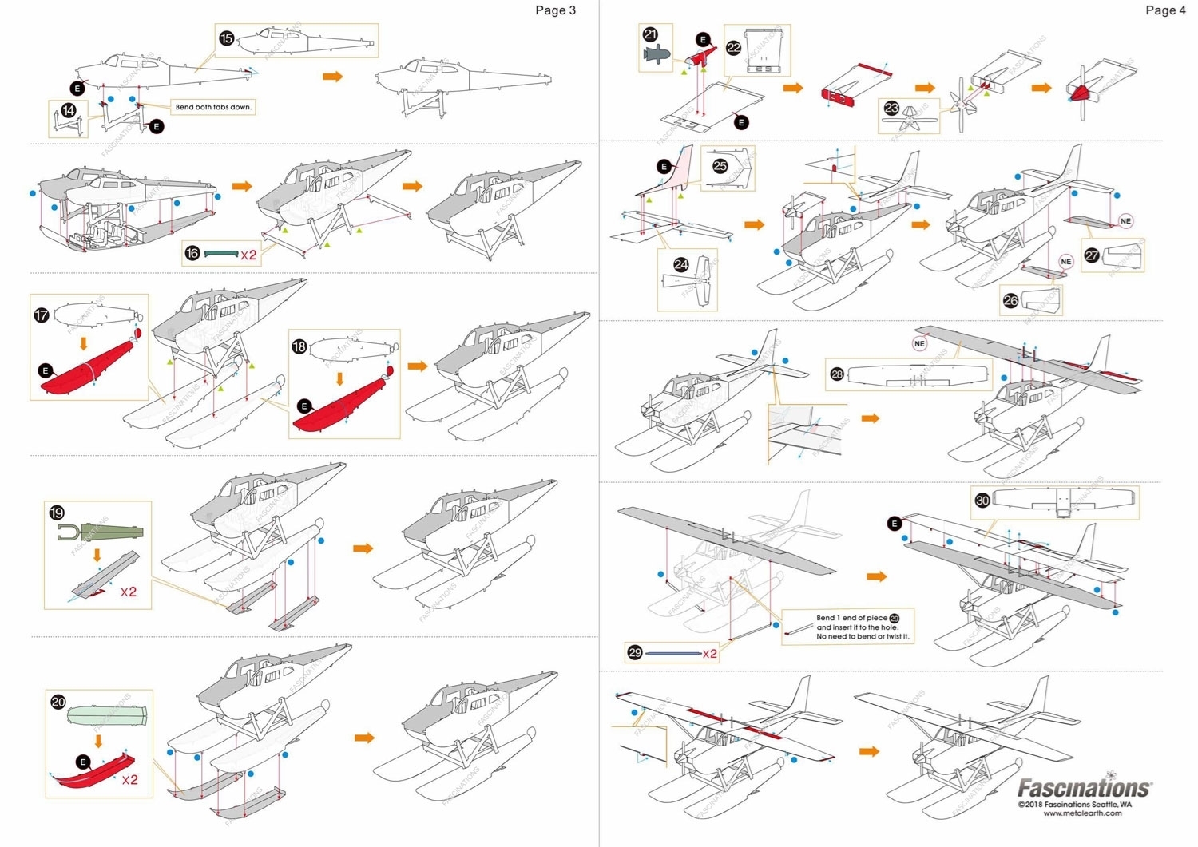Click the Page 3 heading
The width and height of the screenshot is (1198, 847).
(x=555, y=10)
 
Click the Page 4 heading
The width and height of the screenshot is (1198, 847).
(x=1165, y=10)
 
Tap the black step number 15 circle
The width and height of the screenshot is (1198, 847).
(x=227, y=38)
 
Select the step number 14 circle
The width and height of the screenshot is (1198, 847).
(x=69, y=110)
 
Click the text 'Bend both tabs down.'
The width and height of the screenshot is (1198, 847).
(x=213, y=107)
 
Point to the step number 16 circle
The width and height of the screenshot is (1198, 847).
(x=192, y=254)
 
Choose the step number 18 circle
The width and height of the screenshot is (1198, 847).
(x=299, y=346)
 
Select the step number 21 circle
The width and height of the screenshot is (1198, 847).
(x=650, y=34)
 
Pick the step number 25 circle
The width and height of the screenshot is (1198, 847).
(x=720, y=166)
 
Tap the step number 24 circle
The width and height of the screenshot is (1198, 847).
(x=680, y=264)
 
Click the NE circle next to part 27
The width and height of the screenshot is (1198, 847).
(x=1125, y=221)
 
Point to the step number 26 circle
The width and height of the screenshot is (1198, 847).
(x=1010, y=300)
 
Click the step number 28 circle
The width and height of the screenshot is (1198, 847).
(x=837, y=374)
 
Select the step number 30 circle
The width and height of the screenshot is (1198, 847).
(x=982, y=501)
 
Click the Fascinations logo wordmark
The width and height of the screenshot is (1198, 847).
(x=1084, y=789)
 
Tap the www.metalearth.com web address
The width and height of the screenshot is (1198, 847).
(x=1082, y=813)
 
